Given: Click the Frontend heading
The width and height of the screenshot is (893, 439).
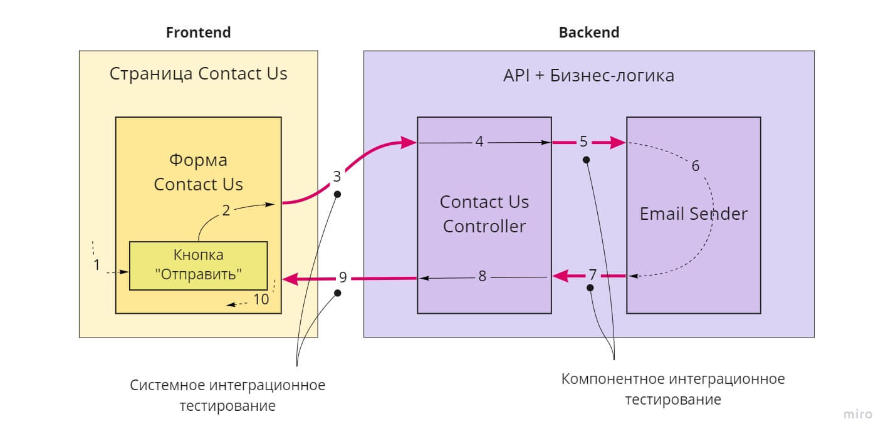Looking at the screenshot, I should pos(198,33).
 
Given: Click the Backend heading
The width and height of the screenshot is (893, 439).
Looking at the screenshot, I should pos(588,33).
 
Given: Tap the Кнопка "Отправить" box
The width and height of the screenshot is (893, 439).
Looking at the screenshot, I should pos(198,266).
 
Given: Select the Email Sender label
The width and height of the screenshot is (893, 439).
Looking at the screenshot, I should pos(693,214).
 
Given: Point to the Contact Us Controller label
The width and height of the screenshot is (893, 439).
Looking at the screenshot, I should pos(484,214).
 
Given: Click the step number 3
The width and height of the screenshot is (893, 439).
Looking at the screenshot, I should pos(337,177).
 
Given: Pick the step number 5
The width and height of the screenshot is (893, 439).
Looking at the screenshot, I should pos(583,142).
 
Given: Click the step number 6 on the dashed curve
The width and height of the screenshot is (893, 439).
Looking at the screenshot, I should pos(695,166).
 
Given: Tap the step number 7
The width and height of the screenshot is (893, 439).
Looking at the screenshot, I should pos(593,275).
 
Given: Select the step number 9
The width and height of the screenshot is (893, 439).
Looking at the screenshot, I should pos(342,276).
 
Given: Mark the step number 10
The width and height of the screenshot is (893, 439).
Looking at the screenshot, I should pos(261,299).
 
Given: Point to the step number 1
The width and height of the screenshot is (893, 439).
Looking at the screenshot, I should pos(97,265).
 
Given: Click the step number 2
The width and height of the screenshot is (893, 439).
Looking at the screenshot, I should pos(226,210).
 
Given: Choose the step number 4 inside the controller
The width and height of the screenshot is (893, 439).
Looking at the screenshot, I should pos(479,142).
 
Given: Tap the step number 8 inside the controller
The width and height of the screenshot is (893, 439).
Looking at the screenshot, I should pos(482,276).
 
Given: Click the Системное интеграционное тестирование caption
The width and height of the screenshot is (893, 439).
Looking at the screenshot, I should pos(227,395).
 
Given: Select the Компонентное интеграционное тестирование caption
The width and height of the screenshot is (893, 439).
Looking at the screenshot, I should pos(672,389).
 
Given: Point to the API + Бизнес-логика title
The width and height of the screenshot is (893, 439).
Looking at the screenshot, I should pos(588,76).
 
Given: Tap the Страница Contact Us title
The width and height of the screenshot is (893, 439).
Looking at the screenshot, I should pos(198,74).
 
